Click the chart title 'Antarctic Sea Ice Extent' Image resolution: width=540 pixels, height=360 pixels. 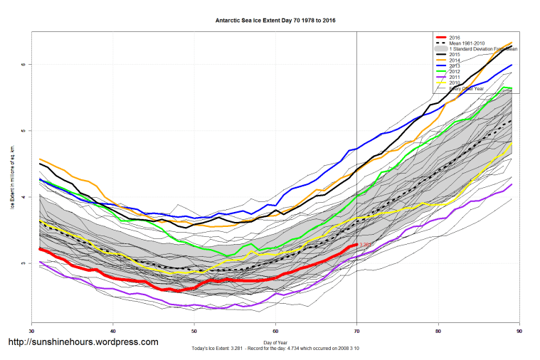coord(275,21)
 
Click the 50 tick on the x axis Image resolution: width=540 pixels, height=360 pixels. coord(194,332)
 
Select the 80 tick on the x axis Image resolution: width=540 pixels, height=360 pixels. coord(438,332)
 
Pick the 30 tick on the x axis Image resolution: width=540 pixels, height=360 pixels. coord(31,332)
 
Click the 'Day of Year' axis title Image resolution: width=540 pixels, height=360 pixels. coord(275,343)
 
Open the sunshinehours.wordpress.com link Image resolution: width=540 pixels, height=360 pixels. coord(83,342)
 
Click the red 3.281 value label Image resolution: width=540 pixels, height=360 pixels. coord(366,245)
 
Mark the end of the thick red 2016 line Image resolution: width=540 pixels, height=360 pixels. coord(356,245)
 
